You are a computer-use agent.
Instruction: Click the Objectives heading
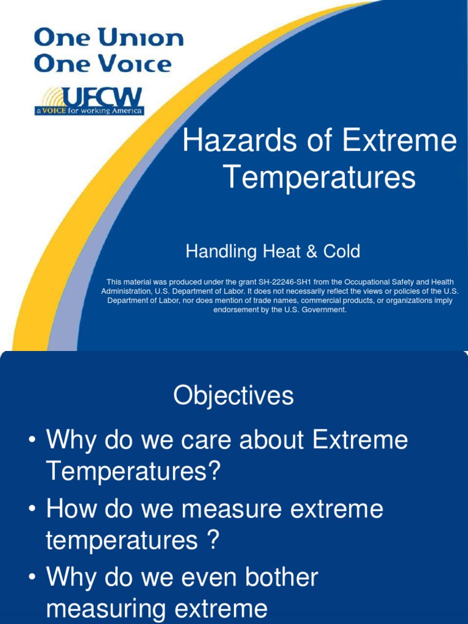pyautogui.click(x=233, y=397)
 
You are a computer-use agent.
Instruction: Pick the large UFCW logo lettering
pyautogui.click(x=103, y=97)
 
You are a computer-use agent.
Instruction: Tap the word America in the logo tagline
pyautogui.click(x=126, y=111)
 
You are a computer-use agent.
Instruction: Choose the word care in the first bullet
pyautogui.click(x=188, y=440)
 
